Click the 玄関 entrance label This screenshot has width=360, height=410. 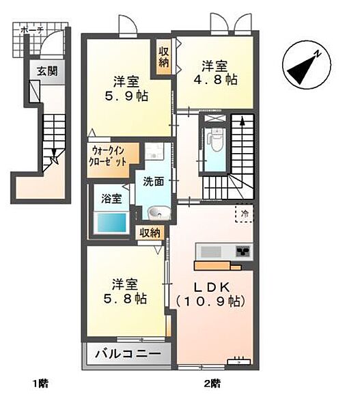click(x=38, y=71)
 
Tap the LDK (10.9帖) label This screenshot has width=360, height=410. click(x=210, y=293)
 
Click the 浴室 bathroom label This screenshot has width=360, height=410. click(x=112, y=199)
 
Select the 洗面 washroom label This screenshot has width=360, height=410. click(x=153, y=182)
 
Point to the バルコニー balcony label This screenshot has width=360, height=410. click(x=128, y=355)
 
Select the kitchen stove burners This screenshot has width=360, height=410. click(x=243, y=251)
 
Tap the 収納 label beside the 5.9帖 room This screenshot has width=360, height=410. click(x=165, y=57)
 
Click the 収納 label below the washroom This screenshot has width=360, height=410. click(x=150, y=233)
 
